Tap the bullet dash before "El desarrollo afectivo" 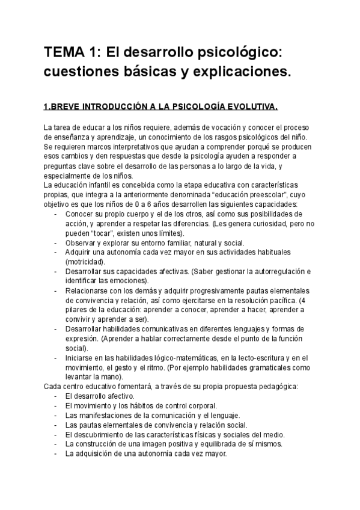click(56, 396)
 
